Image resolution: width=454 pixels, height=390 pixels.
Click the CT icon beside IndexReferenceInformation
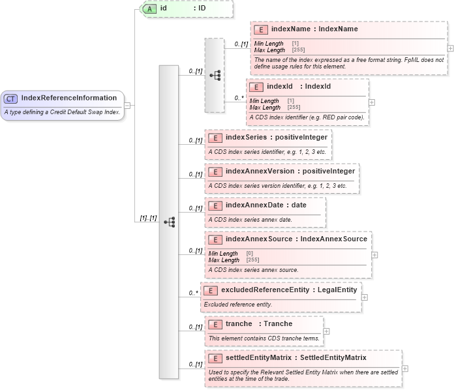click(11, 98)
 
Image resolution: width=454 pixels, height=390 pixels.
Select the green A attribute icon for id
click(149, 8)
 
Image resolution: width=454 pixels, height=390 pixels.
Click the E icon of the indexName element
click(261, 29)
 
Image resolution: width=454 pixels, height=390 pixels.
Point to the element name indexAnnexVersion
click(258, 171)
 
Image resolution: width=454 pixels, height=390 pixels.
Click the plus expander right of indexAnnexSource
click(375, 255)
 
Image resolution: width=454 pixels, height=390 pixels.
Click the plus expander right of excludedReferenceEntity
click(365, 297)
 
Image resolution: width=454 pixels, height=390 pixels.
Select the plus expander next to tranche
click(327, 331)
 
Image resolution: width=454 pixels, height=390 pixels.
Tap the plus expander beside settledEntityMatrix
click(405, 368)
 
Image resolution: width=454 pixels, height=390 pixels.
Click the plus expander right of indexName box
click(450, 48)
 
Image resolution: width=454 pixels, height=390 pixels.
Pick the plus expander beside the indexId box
click(372, 102)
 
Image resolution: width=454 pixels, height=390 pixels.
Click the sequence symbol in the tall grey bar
click(169, 222)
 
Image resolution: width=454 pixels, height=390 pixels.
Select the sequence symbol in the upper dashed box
click(215, 75)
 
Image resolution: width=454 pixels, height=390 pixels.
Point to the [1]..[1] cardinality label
click(149, 218)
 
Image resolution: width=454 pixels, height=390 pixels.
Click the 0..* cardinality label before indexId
click(239, 99)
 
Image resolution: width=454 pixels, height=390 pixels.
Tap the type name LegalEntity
click(337, 289)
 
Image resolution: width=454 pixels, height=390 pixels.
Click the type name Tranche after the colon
click(278, 323)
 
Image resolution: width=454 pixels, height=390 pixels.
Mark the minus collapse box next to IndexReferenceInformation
click(127, 105)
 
